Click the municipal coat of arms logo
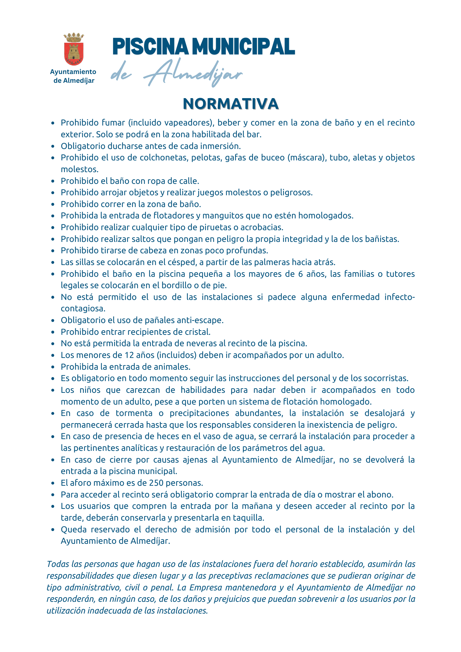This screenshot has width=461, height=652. click(x=74, y=49)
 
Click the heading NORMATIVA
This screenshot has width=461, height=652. click(x=230, y=104)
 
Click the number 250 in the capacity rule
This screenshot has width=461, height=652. click(x=156, y=483)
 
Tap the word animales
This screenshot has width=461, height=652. click(x=173, y=367)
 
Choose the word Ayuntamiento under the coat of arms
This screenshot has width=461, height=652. click(x=73, y=72)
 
